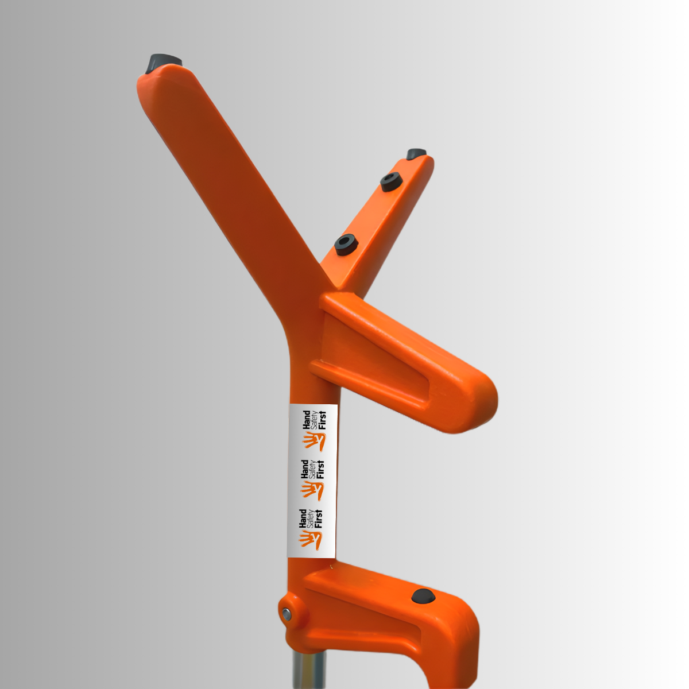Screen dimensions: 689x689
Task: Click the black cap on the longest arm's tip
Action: (163, 61)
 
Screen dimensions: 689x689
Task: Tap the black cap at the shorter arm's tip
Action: (416, 154)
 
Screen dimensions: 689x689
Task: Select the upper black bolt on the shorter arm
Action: (390, 181)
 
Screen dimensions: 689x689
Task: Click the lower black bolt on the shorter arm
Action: (346, 244)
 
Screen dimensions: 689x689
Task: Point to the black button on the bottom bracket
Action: (423, 596)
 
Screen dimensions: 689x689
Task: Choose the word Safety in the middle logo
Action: (312, 470)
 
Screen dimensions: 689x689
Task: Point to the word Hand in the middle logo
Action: (304, 469)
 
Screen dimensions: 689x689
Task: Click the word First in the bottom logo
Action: (319, 518)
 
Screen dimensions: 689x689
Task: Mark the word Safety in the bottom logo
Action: (311, 518)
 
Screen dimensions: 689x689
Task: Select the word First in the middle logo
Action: (320, 470)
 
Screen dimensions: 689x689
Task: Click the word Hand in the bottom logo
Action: (303, 518)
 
